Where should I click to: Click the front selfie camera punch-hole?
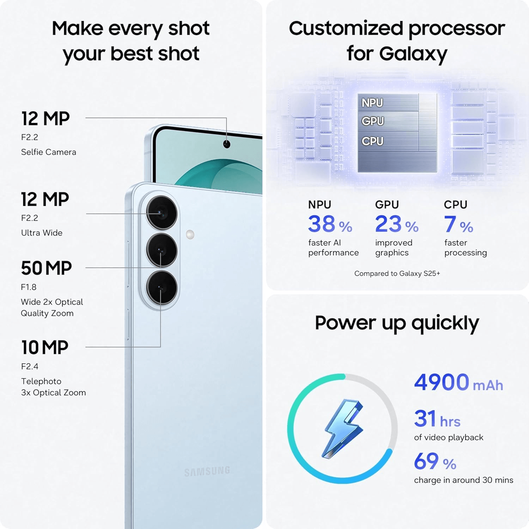[x=227, y=144]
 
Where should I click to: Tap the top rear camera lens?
[x=162, y=213]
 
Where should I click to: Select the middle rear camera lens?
[x=162, y=250]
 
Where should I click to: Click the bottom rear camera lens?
[x=162, y=288]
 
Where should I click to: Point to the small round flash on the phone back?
[x=190, y=235]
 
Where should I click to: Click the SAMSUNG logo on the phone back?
[x=207, y=471]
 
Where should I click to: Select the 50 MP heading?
[x=46, y=268]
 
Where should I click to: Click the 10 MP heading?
[x=45, y=347]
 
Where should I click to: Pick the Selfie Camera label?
[x=49, y=152]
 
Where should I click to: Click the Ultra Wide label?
[x=42, y=233]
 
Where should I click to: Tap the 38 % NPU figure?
[x=330, y=224]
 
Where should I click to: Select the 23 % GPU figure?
[x=397, y=224]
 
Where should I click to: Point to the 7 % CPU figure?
[x=458, y=224]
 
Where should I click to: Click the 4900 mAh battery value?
[x=458, y=382]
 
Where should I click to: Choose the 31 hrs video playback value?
[x=437, y=419]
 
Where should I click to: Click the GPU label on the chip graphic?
[x=372, y=121]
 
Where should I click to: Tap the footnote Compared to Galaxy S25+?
[x=397, y=273]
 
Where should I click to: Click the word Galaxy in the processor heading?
[x=413, y=54]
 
